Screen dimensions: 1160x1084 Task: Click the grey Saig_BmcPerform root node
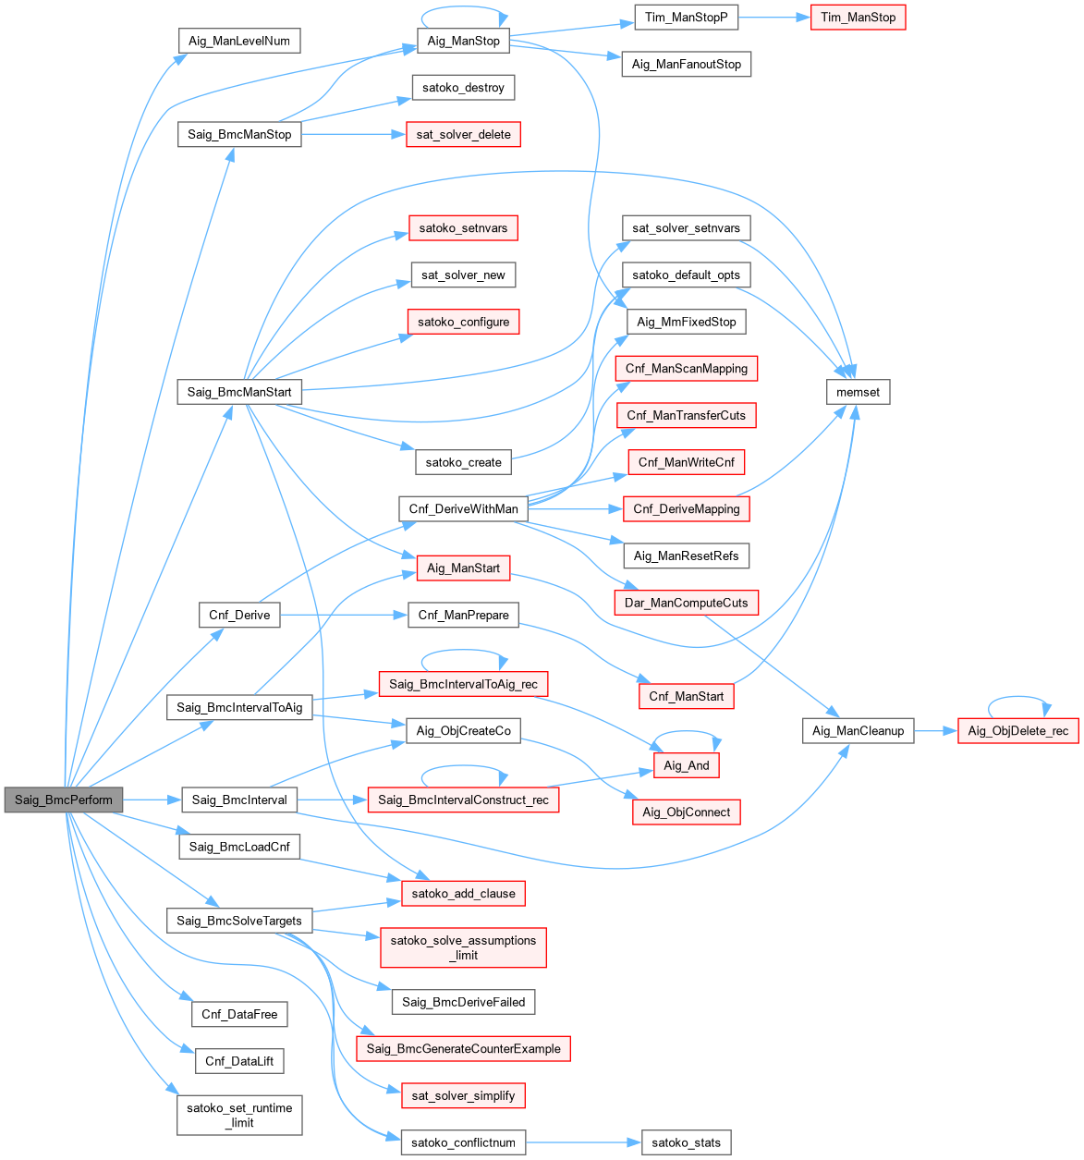63,800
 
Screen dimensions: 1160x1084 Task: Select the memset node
859,392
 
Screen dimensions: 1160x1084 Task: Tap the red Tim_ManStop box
858,18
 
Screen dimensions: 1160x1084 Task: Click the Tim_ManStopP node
687,18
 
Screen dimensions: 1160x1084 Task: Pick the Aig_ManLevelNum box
239,41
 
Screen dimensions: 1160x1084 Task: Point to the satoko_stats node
686,1142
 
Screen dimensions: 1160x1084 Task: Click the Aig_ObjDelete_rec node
1017,731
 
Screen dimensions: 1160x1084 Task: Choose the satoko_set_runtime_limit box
239,1115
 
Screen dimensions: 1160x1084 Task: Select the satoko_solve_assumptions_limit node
463,947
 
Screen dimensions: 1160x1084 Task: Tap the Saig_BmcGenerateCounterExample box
463,1048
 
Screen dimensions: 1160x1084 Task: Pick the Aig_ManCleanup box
858,731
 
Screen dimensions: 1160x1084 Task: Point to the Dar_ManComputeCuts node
686,603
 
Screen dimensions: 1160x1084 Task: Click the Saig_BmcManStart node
239,392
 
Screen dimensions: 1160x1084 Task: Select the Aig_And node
686,765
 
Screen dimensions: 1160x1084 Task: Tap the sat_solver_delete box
463,134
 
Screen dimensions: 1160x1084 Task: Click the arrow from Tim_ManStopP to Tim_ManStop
774,18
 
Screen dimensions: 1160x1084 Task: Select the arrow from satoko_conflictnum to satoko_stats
582,1142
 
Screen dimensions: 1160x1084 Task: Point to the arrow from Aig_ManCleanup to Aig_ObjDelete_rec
935,731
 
